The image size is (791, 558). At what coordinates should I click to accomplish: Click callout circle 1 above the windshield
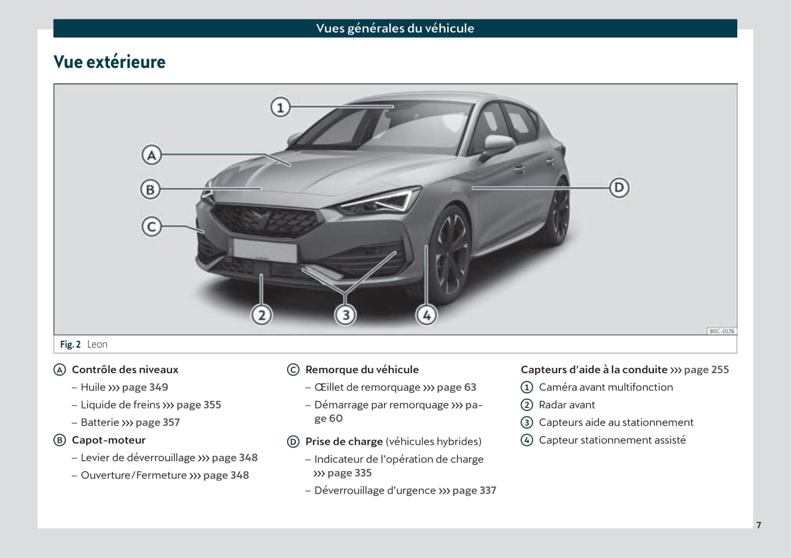click(x=281, y=107)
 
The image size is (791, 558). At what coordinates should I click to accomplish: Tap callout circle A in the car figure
click(x=151, y=155)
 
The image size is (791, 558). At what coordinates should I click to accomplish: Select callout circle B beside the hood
click(x=151, y=189)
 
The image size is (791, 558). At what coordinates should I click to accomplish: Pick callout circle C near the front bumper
click(x=151, y=227)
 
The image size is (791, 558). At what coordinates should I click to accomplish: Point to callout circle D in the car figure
click(x=619, y=187)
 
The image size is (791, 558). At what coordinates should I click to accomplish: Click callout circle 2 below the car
click(x=262, y=315)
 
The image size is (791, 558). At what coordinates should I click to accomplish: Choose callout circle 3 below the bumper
click(x=346, y=315)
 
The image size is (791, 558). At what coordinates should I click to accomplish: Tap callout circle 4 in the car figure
click(x=427, y=315)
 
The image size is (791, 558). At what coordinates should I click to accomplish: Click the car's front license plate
click(x=265, y=250)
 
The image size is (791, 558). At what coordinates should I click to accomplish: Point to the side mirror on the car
click(x=498, y=146)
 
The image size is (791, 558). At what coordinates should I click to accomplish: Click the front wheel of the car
click(x=450, y=253)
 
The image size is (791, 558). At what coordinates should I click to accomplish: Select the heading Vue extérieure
click(x=109, y=62)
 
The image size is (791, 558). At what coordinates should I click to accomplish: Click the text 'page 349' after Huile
click(x=145, y=387)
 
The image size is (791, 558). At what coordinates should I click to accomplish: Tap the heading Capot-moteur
click(x=109, y=440)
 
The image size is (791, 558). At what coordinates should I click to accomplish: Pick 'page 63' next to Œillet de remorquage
click(x=457, y=387)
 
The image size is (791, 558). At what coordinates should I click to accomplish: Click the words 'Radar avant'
click(x=567, y=405)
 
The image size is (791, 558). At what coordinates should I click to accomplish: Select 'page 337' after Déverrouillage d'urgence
click(x=474, y=491)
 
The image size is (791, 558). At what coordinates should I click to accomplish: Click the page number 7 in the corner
click(x=759, y=525)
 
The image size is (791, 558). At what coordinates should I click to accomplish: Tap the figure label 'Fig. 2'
click(x=70, y=344)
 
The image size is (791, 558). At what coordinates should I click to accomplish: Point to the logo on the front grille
click(x=261, y=217)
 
